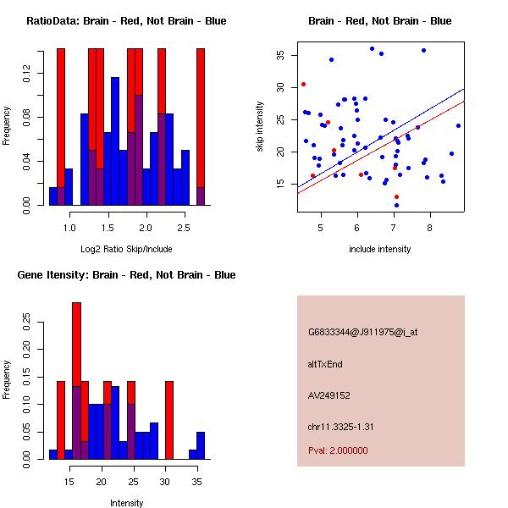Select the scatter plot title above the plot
point(380,20)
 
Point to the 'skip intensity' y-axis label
point(260,127)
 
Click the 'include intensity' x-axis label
point(380,249)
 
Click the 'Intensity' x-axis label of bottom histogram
point(126,503)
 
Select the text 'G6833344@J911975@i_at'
point(363,332)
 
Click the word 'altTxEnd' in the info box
point(326,364)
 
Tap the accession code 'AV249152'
point(329,395)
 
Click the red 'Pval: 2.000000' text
point(339,451)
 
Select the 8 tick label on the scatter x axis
point(430,227)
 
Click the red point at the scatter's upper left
point(303,84)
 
